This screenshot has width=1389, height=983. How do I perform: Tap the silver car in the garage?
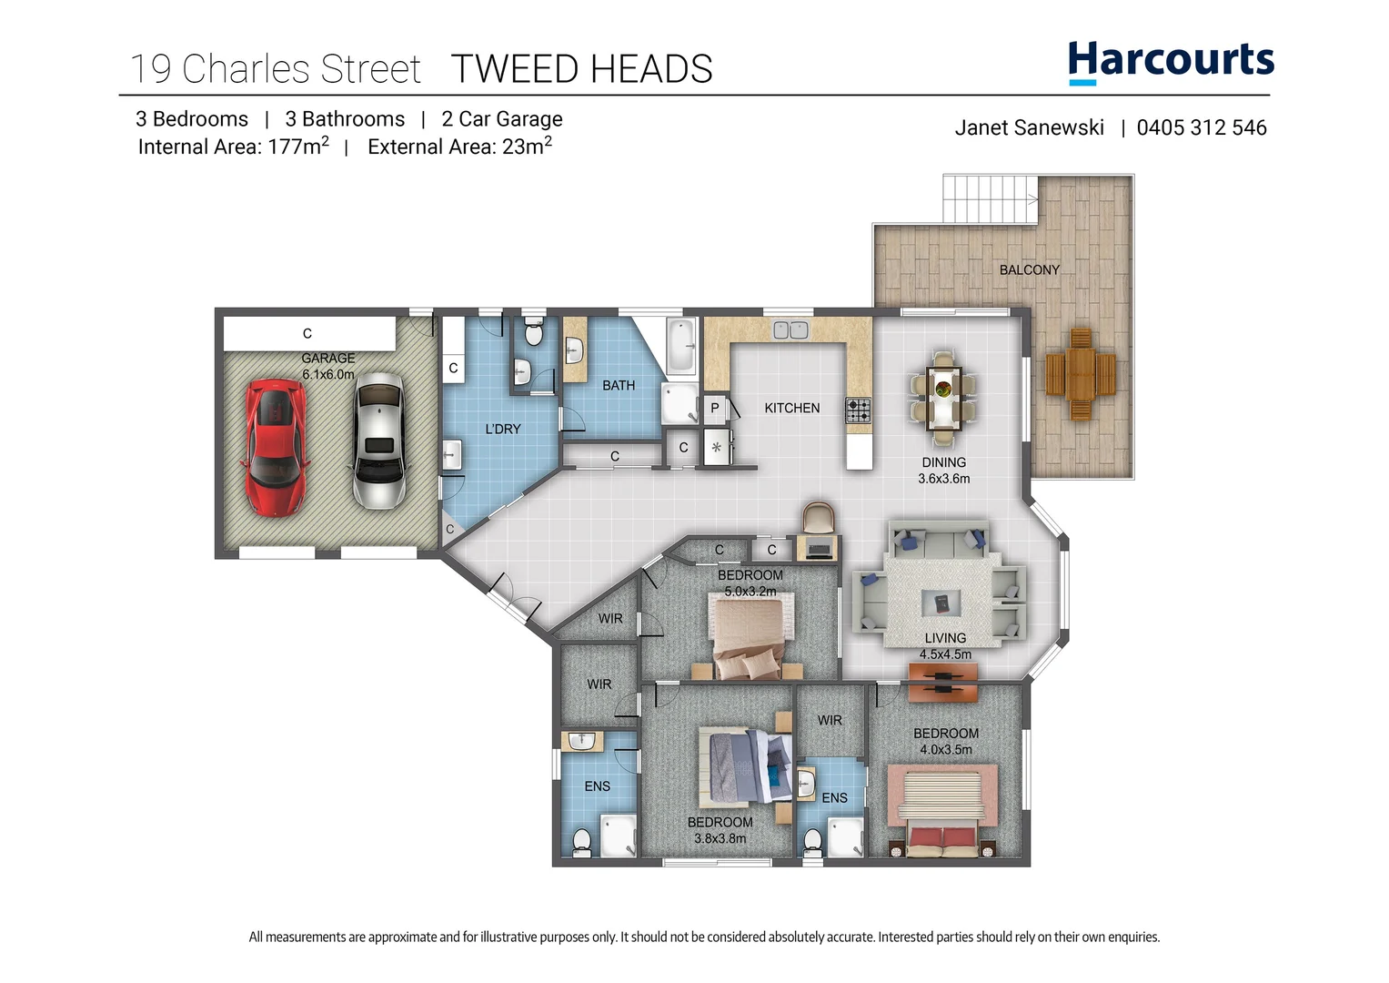(x=378, y=441)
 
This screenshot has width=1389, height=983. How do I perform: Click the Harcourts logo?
(x=1171, y=62)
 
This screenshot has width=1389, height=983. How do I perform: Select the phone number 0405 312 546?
(x=1201, y=128)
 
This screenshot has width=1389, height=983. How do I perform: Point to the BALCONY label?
(x=1029, y=270)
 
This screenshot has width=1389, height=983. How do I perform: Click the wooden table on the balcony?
(x=1081, y=374)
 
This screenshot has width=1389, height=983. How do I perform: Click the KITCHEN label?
(x=791, y=409)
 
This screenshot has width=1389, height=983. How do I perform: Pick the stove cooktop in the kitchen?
(x=858, y=410)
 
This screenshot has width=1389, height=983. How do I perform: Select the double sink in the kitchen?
(x=790, y=330)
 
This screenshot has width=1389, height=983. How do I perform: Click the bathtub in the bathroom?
(x=679, y=347)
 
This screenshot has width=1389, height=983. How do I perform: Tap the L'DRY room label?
(x=502, y=430)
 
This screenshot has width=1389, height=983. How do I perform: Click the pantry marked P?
(x=715, y=409)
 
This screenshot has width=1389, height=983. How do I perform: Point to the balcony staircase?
(x=990, y=198)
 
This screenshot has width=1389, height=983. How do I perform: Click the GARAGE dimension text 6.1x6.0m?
(x=328, y=374)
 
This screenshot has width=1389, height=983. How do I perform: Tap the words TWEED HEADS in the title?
(x=581, y=69)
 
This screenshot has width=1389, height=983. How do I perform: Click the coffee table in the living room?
(x=941, y=603)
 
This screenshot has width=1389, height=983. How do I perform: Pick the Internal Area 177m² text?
(x=233, y=147)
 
